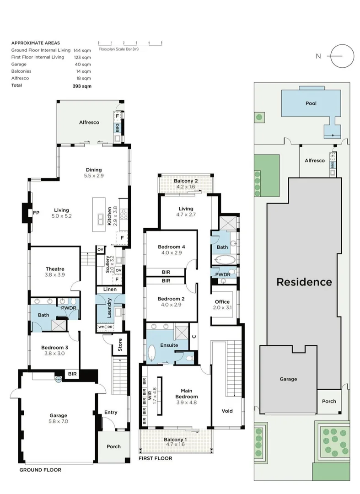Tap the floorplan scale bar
click(x=130, y=43)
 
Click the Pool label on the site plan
click(x=311, y=103)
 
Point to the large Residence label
click(x=304, y=282)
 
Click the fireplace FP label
click(x=36, y=213)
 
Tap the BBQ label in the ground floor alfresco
click(x=117, y=127)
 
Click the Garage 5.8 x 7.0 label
click(x=59, y=419)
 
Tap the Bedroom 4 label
click(x=172, y=249)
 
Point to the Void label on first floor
click(x=226, y=411)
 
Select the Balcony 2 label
click(x=185, y=183)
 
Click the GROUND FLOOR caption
click(x=40, y=470)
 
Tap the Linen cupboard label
click(x=109, y=290)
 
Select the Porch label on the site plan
click(x=329, y=401)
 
